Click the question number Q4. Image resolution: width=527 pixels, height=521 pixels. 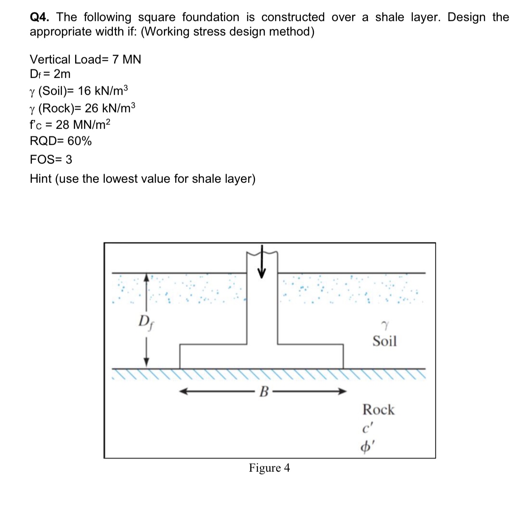[39, 17]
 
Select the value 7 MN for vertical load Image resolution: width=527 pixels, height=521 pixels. [126, 59]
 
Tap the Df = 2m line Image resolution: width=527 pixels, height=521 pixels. [50, 74]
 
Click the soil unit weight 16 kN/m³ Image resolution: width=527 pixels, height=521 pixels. [103, 91]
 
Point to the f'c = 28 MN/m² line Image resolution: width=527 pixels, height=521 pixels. [70, 125]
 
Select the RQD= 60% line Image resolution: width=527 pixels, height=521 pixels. [61, 141]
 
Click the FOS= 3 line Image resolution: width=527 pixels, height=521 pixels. [51, 160]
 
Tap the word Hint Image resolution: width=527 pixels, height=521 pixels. [41, 179]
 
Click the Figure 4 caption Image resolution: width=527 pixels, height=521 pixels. [269, 468]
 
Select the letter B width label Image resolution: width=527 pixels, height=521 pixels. [263, 392]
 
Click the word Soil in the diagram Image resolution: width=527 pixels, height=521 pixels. [384, 341]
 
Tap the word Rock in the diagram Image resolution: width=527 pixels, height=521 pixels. [378, 410]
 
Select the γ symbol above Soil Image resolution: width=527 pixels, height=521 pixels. [384, 326]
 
